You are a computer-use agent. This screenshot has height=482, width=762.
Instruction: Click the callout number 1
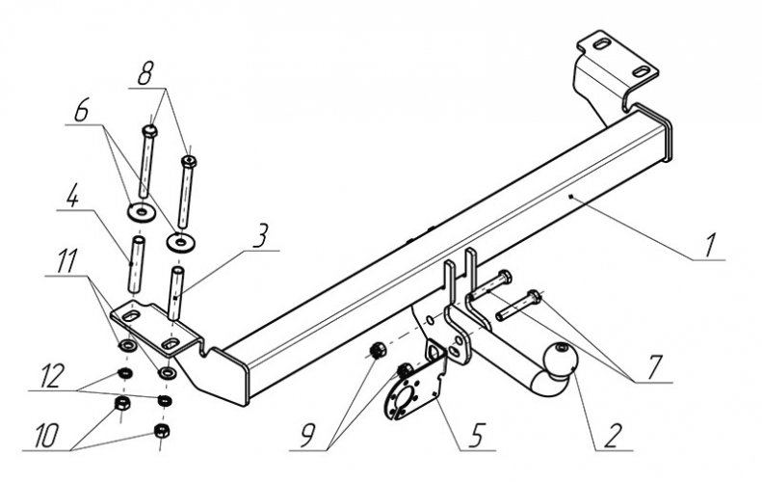[x=709, y=245]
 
